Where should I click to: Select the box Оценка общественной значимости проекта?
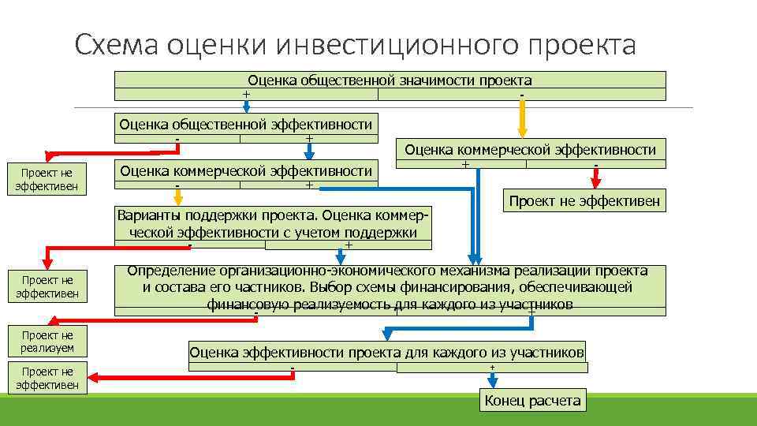pyautogui.click(x=390, y=80)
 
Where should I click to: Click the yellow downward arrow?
pyautogui.click(x=521, y=121)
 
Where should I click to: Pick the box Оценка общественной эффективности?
pyautogui.click(x=245, y=124)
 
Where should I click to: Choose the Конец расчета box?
pyautogui.click(x=533, y=401)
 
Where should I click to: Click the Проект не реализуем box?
pyautogui.click(x=47, y=341)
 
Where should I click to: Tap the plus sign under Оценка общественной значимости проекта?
pyautogui.click(x=246, y=95)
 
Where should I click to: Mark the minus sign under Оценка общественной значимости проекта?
pyautogui.click(x=522, y=95)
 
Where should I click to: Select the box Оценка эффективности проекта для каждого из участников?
pyautogui.click(x=387, y=353)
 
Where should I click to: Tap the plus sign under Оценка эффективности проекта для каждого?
pyautogui.click(x=492, y=368)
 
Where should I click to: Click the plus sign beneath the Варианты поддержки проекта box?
pyautogui.click(x=349, y=245)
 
